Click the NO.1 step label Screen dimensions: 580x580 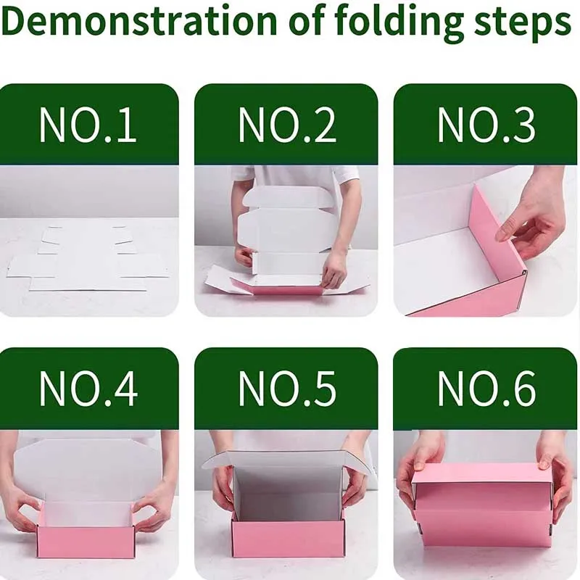88,125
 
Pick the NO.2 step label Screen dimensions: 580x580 286,125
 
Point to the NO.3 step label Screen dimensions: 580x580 486,125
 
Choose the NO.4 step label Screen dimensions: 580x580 88,389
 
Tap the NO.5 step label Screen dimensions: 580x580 286,389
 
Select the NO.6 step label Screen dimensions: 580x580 486,389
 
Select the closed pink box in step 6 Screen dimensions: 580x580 482,504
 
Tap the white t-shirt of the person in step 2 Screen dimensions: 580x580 295,181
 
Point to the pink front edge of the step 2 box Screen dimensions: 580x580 275,287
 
